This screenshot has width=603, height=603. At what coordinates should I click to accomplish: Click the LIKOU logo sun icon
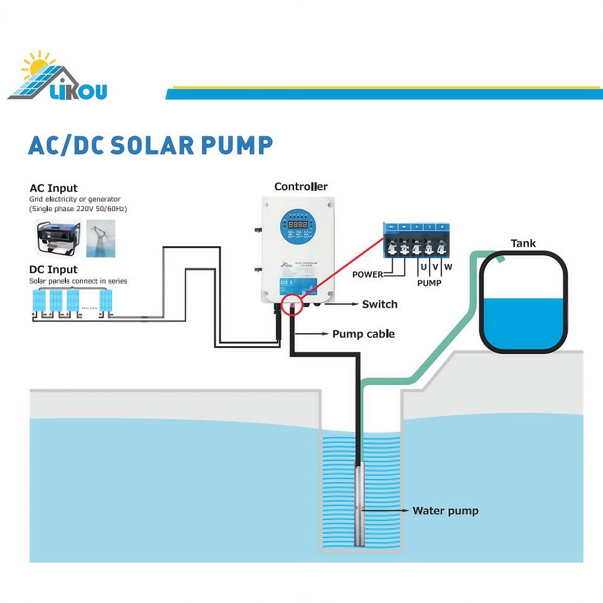tap(36, 65)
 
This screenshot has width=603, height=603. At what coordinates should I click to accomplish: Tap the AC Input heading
tap(53, 188)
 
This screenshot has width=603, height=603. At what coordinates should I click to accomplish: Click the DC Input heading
tap(53, 270)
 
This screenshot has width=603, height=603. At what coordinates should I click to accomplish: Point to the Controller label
tap(301, 187)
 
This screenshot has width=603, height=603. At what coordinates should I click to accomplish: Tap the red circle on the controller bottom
tap(292, 306)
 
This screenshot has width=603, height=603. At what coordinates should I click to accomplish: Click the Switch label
tap(379, 304)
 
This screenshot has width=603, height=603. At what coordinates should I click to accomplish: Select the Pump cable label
tap(363, 334)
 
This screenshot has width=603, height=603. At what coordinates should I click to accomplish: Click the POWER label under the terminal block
tap(367, 274)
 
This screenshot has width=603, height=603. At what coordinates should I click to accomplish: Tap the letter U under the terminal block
tap(423, 267)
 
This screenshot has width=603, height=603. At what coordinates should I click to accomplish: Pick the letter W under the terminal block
tap(448, 267)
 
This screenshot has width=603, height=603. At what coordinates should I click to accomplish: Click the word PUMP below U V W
tap(429, 283)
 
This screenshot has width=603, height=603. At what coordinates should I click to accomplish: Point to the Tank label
tap(523, 243)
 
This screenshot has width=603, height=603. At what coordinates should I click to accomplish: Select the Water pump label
tap(445, 511)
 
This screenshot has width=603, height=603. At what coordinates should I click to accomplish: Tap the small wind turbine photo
tap(100, 237)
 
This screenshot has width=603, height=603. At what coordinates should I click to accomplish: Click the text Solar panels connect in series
tap(79, 281)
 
